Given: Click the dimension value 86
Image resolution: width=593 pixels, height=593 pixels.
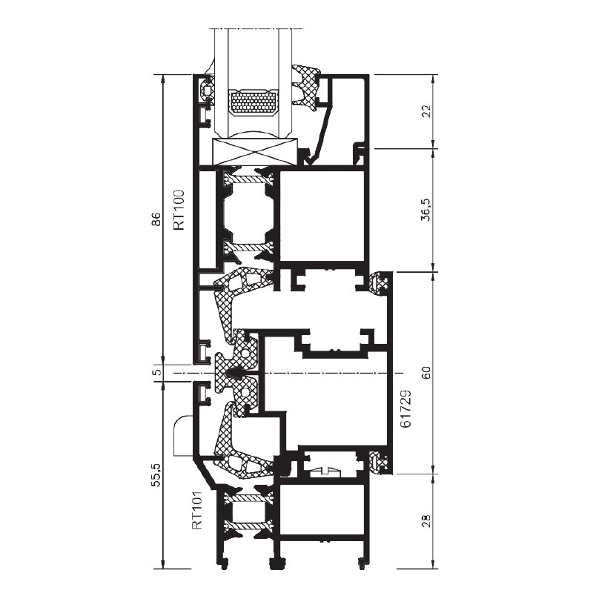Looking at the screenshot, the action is [x=156, y=219].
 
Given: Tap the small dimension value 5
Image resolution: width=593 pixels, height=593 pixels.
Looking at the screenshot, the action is [x=156, y=372].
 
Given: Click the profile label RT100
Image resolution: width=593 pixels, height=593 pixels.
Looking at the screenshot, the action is [x=179, y=210].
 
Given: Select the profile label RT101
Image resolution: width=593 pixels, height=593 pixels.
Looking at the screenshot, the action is [x=196, y=510].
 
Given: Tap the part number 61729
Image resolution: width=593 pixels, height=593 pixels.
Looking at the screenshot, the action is [x=405, y=408].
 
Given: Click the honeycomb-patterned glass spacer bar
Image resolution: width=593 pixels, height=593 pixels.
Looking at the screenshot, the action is [x=254, y=103].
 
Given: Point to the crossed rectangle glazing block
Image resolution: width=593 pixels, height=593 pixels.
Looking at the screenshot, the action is [x=255, y=152].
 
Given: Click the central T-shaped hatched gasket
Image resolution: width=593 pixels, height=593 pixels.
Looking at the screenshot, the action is [x=236, y=373].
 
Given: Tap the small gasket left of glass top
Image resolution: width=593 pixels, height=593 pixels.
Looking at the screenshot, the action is [x=208, y=90].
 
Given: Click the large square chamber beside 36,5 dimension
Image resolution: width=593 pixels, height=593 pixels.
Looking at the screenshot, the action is [x=323, y=216].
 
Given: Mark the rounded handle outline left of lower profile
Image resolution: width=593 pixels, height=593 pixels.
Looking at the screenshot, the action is [x=182, y=436].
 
